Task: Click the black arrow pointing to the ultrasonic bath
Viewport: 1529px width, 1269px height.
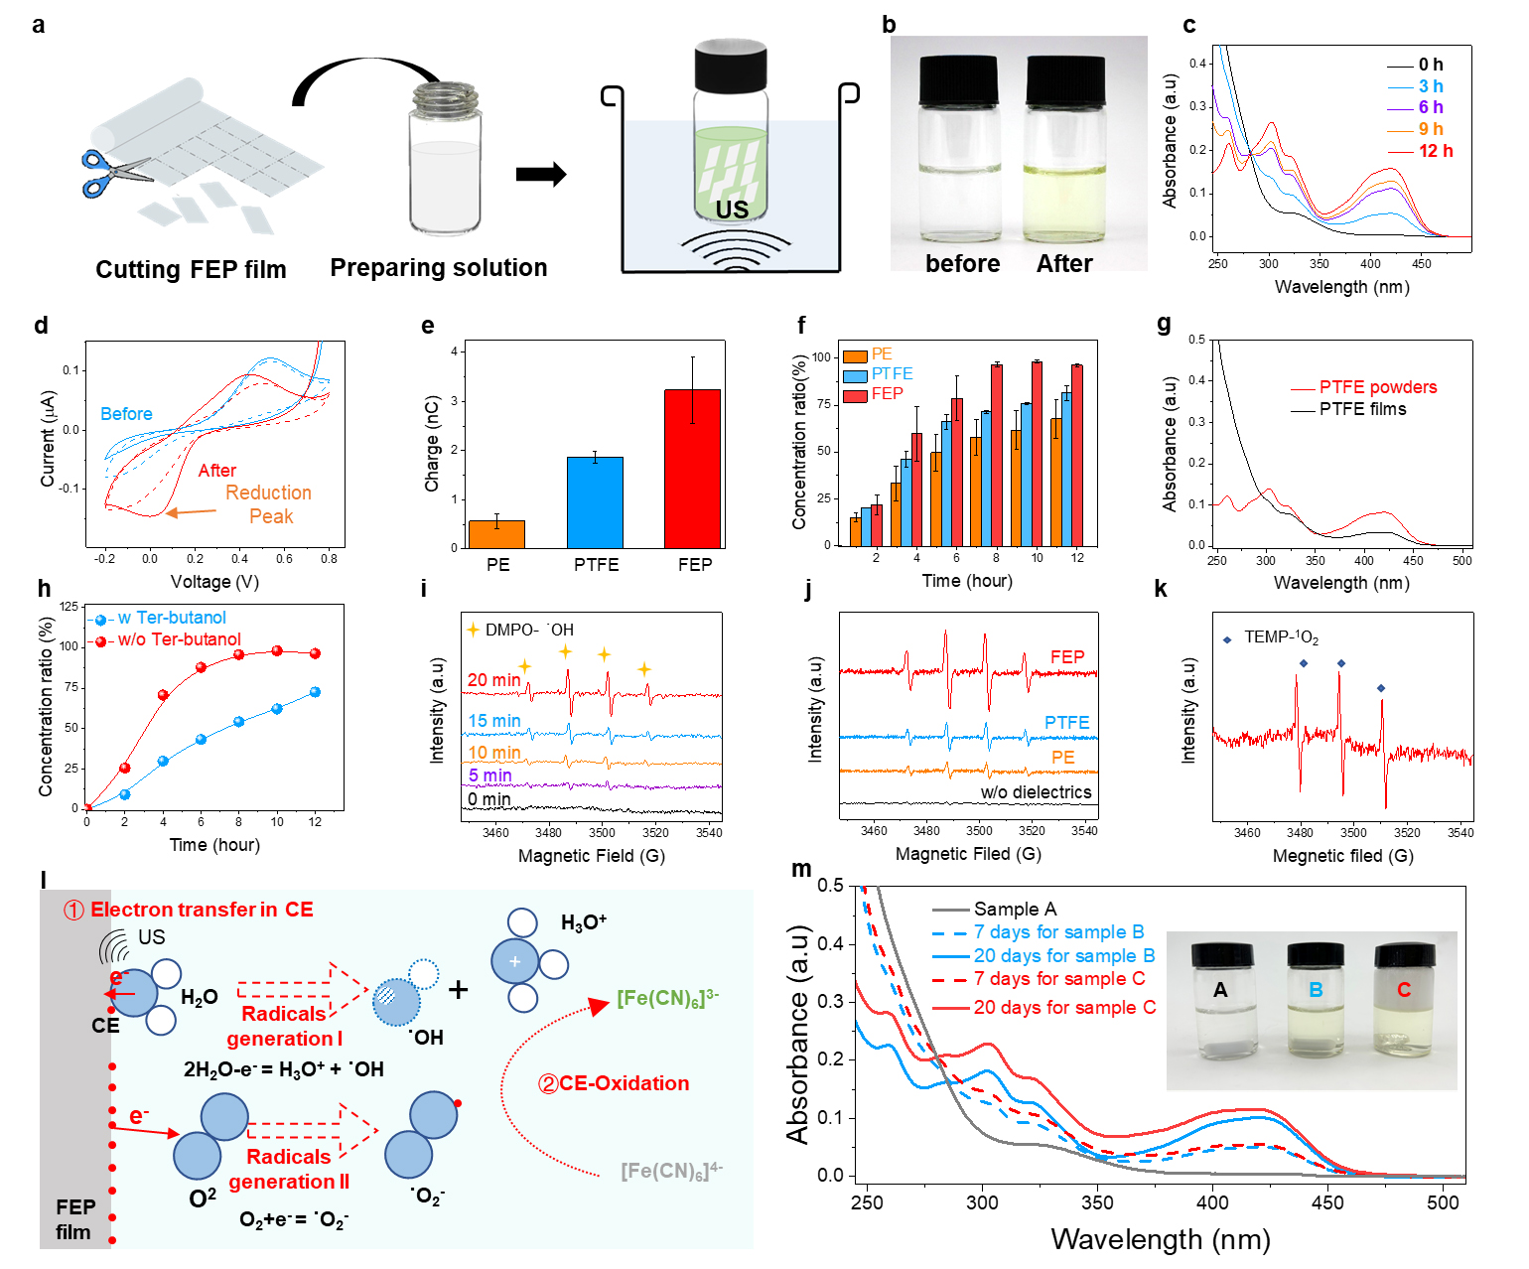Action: pyautogui.click(x=541, y=175)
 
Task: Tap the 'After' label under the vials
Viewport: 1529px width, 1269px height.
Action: pyautogui.click(x=1064, y=264)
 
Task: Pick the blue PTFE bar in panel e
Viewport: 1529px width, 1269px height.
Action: pyautogui.click(x=595, y=502)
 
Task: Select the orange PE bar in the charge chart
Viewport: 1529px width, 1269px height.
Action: pyautogui.click(x=496, y=534)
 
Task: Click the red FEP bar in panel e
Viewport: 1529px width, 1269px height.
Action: pyautogui.click(x=692, y=469)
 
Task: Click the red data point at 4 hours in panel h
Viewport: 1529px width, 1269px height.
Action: pyautogui.click(x=163, y=695)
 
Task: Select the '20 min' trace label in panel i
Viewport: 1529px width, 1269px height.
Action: pyautogui.click(x=493, y=680)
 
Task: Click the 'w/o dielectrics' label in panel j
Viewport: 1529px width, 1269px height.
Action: pyautogui.click(x=1036, y=792)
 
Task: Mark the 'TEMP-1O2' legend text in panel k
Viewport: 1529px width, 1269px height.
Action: pyautogui.click(x=1281, y=637)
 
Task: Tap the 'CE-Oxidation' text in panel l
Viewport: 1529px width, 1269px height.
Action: pyautogui.click(x=624, y=1083)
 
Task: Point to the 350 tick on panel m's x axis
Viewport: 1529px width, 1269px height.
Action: pyautogui.click(x=1097, y=1202)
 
